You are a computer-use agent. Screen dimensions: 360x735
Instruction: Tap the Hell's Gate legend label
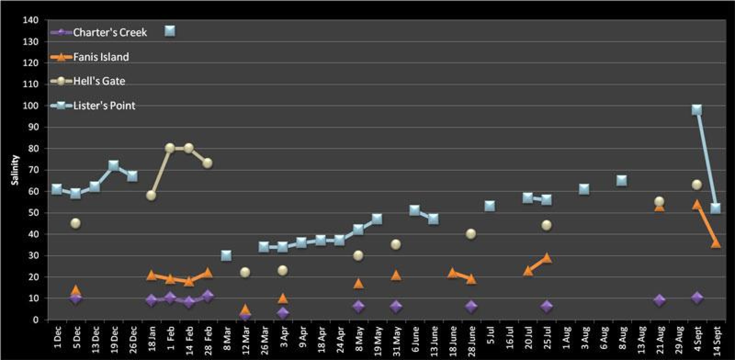coord(99,81)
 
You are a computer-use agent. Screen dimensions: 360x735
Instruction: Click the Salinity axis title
coord(15,170)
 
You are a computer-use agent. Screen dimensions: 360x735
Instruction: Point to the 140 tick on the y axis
coord(31,20)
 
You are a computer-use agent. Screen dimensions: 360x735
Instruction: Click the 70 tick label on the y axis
coord(31,170)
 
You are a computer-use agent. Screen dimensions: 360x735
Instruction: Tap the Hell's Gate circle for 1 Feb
coord(170,148)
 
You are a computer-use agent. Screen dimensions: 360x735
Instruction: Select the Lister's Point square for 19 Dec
coord(114,166)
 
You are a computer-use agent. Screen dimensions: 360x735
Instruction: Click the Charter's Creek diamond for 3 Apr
coord(283,313)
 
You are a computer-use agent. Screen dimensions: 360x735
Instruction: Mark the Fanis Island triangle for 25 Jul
coord(547,258)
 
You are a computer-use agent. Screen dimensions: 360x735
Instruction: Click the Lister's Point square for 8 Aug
coord(621,181)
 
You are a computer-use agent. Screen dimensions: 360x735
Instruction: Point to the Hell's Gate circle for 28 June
coord(471,234)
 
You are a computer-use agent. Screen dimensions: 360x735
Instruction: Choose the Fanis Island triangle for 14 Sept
coord(716,243)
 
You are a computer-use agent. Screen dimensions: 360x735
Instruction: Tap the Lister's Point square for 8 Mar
coord(226,255)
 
